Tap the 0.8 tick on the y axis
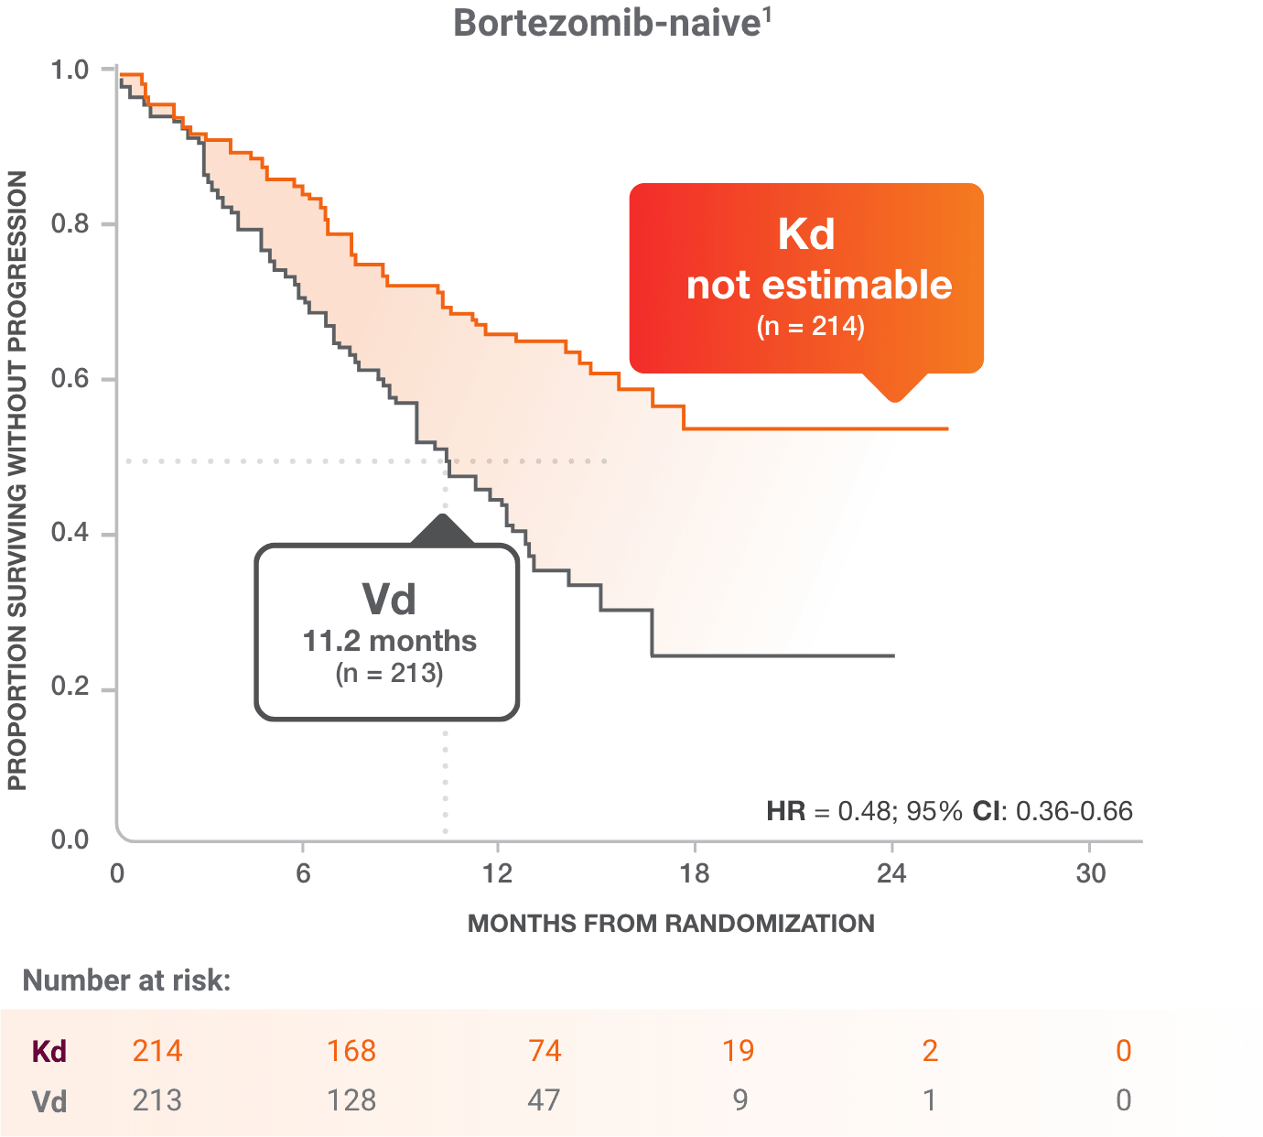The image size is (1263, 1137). pyautogui.click(x=71, y=223)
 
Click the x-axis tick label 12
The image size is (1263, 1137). pyautogui.click(x=498, y=872)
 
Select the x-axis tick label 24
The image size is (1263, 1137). pyautogui.click(x=891, y=872)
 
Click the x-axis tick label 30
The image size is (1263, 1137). pyautogui.click(x=1089, y=872)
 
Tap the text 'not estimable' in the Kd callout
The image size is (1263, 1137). pyautogui.click(x=819, y=285)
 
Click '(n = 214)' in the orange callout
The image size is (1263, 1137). pyautogui.click(x=810, y=326)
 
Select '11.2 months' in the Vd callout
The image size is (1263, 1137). pyautogui.click(x=389, y=641)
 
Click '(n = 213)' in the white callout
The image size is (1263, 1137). pyautogui.click(x=389, y=674)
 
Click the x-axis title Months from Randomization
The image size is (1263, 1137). pyautogui.click(x=671, y=923)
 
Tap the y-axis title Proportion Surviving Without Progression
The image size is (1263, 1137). pyautogui.click(x=17, y=481)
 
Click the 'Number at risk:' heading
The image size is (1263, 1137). pyautogui.click(x=126, y=981)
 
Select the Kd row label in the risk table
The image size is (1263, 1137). pyautogui.click(x=49, y=1051)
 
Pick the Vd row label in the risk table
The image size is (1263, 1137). pyautogui.click(x=49, y=1100)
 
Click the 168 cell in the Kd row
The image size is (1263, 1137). pyautogui.click(x=351, y=1051)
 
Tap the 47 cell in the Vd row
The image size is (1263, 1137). pyautogui.click(x=544, y=1100)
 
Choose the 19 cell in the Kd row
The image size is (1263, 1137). pyautogui.click(x=738, y=1051)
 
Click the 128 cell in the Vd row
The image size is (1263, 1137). pyautogui.click(x=351, y=1100)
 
